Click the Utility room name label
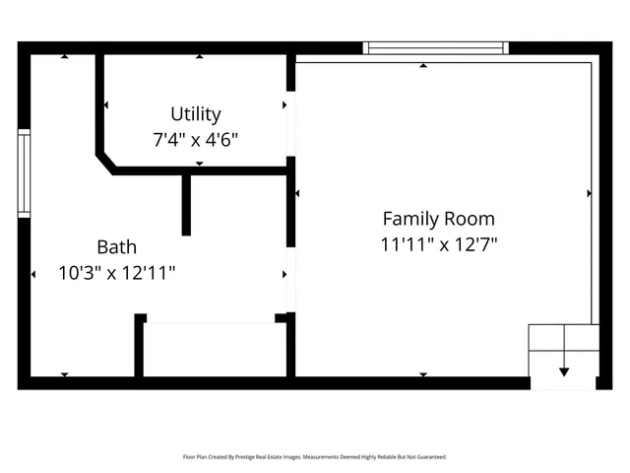point(196,113)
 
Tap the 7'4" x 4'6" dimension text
point(196,139)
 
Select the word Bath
point(116,246)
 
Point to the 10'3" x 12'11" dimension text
point(117,272)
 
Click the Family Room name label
point(438,219)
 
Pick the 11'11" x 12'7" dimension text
point(439,244)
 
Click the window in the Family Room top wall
point(436,47)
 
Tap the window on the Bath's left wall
point(25,173)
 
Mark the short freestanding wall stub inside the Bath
point(186,205)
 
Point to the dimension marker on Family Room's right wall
point(589,193)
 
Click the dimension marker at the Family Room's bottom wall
point(423,374)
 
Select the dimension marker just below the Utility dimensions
point(199,164)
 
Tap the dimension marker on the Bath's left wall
point(33,273)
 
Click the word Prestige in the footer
point(257,457)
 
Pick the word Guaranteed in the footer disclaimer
point(428,457)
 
